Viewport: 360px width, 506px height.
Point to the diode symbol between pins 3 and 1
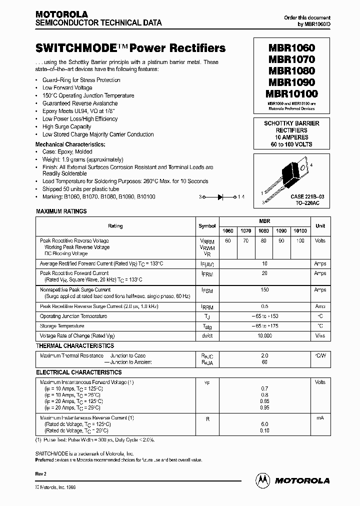tap(220, 197)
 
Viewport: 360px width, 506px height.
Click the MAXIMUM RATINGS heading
tap(61, 211)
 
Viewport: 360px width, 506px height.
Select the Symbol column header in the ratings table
tap(207, 226)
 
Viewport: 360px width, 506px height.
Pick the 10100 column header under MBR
tap(300, 231)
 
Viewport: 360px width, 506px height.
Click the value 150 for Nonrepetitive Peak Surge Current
tap(264, 289)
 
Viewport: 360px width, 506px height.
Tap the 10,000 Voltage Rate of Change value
tap(264, 336)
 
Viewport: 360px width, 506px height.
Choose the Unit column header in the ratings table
tap(320, 226)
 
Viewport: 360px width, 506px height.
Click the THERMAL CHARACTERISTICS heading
tap(75, 346)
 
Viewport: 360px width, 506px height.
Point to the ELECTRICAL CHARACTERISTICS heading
tap(79, 372)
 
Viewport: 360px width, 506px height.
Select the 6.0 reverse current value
tap(264, 424)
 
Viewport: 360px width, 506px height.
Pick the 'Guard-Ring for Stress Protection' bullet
tap(81, 80)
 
